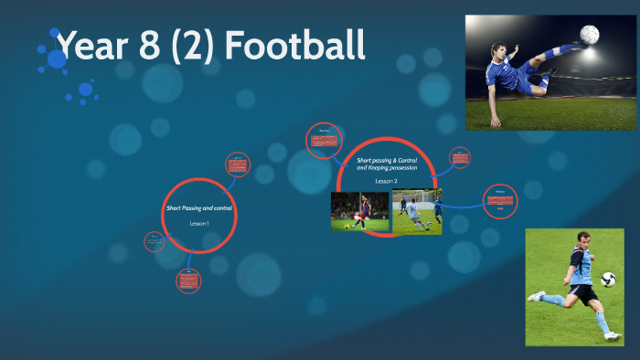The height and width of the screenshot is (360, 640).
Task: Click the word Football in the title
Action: coord(295,45)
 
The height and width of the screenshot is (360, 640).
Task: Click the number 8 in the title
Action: coord(147,45)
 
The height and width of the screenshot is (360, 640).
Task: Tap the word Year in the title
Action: coord(90,45)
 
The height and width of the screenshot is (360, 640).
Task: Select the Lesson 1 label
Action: coord(199,224)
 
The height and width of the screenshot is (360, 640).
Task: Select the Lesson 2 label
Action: coord(387,181)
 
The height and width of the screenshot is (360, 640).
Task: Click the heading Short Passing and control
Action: coord(199,208)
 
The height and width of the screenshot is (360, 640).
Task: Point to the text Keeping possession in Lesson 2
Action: coord(387,168)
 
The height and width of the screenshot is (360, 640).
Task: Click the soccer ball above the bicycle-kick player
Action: coord(590,36)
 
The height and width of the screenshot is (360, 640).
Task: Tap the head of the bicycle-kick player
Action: coord(498,51)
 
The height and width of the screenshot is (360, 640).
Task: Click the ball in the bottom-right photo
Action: coord(608,279)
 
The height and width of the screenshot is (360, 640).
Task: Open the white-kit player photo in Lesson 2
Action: coord(417,211)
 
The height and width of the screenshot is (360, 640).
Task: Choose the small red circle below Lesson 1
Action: coord(188,281)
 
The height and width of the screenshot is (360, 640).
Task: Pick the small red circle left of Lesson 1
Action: coord(155,242)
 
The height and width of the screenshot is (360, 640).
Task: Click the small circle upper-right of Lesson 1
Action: coord(237,164)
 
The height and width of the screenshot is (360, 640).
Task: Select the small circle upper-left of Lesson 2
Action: coord(323,140)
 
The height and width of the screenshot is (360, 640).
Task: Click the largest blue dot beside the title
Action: coord(57,59)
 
